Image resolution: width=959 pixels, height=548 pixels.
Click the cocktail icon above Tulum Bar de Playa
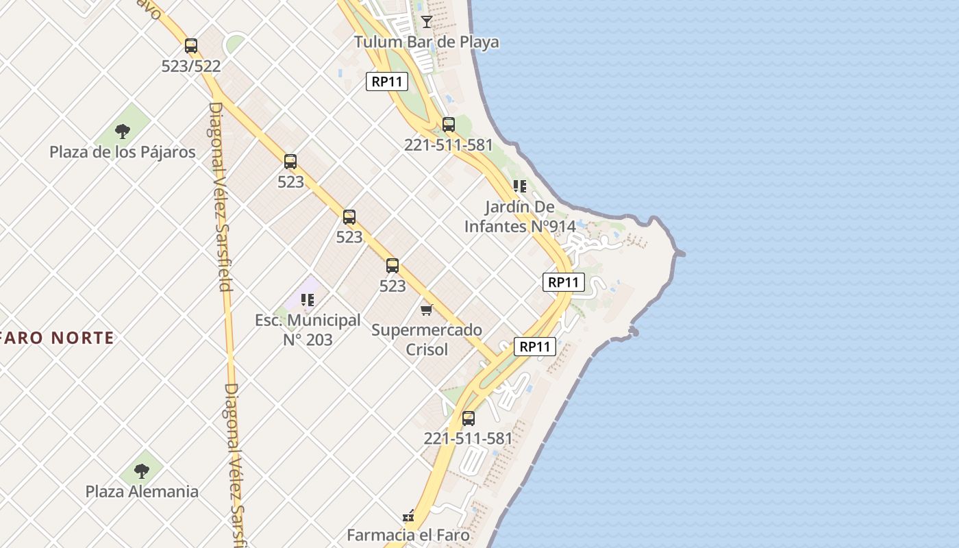pos(427,22)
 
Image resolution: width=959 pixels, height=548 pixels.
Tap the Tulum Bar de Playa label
pos(426,42)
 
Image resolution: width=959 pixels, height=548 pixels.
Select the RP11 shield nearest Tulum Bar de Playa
pos(387,82)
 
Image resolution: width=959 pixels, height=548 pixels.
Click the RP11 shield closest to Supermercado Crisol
pos(535,347)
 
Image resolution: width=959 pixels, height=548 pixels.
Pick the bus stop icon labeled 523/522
pos(191,46)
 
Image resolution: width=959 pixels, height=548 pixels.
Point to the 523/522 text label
pos(191,66)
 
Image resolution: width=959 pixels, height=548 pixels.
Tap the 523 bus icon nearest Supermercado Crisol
pos(393,266)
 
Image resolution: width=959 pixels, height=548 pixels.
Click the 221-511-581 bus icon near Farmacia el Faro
pos(469,419)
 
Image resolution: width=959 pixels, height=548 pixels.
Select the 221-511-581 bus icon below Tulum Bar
pos(449,125)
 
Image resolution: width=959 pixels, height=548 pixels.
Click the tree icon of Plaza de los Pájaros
pos(123,131)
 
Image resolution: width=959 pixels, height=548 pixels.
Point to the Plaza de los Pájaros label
pos(123,152)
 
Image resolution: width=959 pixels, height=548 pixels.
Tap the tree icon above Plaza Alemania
pos(142,471)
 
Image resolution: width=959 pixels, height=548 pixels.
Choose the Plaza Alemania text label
pos(142,491)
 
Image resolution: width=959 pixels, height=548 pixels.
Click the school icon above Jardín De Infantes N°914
pos(520,186)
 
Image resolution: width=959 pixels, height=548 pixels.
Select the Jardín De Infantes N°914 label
pos(520,216)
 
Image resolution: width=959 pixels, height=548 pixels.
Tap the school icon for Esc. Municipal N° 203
pos(308,299)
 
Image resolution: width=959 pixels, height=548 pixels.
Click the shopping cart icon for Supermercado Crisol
pos(427,310)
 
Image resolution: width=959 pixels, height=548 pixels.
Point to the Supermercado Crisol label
pos(427,340)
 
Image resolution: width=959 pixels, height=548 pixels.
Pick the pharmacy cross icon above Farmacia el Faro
pos(409,516)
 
